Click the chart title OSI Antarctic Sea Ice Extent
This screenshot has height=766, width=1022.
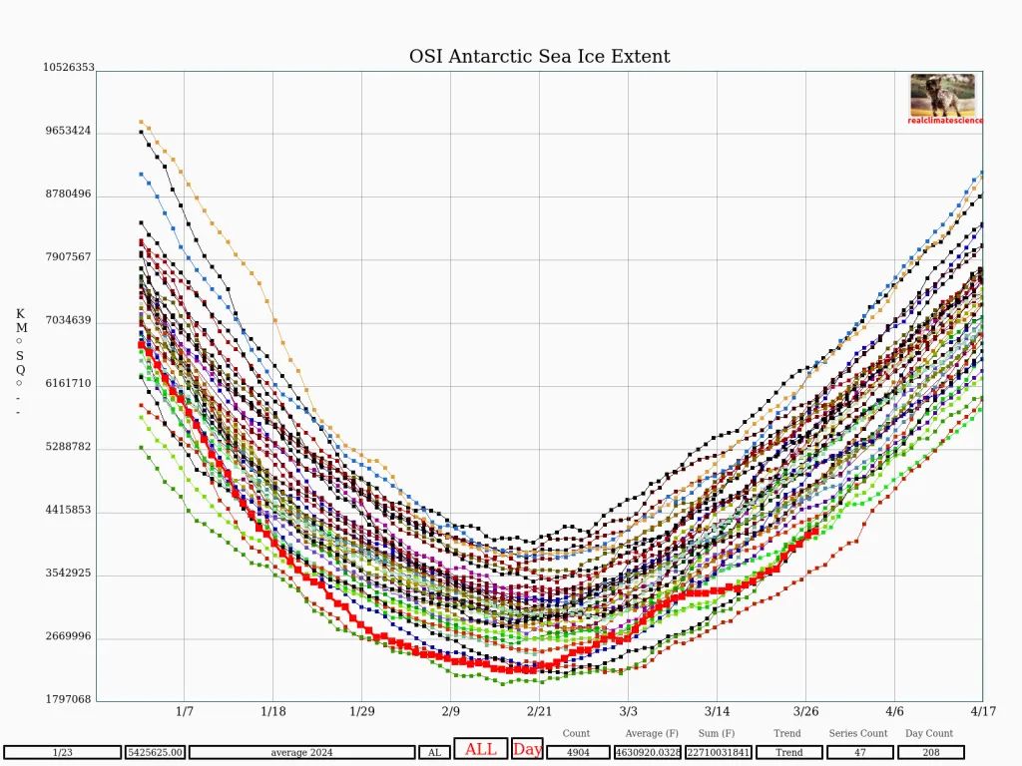pyautogui.click(x=539, y=57)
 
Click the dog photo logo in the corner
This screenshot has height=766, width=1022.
pyautogui.click(x=942, y=95)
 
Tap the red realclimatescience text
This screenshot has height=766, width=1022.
pyautogui.click(x=945, y=121)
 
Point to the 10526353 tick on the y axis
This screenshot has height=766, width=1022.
pyautogui.click(x=68, y=68)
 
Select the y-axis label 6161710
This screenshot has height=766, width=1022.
pyautogui.click(x=68, y=384)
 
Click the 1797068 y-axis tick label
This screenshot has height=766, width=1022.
pyautogui.click(x=68, y=699)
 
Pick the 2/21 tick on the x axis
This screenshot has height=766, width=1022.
pyautogui.click(x=539, y=712)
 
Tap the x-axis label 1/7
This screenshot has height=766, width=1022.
pyautogui.click(x=185, y=712)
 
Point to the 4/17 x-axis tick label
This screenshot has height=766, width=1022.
pyautogui.click(x=982, y=712)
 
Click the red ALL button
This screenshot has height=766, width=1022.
pyautogui.click(x=480, y=750)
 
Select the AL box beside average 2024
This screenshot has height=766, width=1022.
pyautogui.click(x=433, y=752)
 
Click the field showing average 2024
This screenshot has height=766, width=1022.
pyautogui.click(x=301, y=752)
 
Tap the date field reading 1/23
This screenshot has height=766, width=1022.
pyautogui.click(x=62, y=752)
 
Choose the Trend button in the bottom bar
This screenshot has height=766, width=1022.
pyautogui.click(x=788, y=752)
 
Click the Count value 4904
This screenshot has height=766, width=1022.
pyautogui.click(x=578, y=752)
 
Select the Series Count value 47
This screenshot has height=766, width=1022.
pyautogui.click(x=858, y=752)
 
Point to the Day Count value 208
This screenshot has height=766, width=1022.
pyautogui.click(x=930, y=752)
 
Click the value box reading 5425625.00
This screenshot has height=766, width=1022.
pyautogui.click(x=154, y=752)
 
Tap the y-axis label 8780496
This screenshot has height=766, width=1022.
pyautogui.click(x=68, y=193)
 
